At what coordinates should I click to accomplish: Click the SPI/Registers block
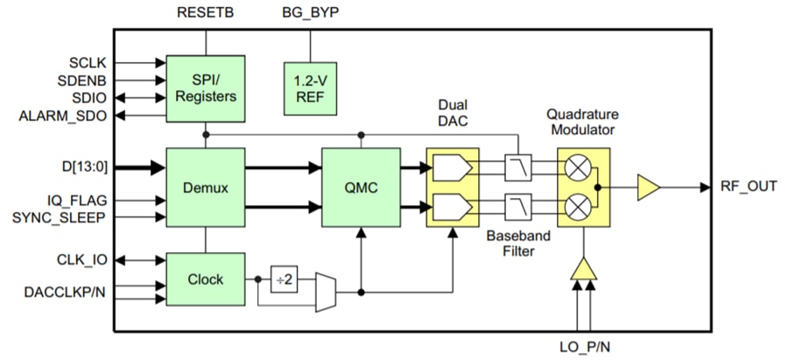(x=206, y=88)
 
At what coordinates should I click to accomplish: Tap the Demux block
(x=206, y=187)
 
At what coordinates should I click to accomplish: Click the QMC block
(x=362, y=187)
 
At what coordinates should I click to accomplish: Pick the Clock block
(x=206, y=280)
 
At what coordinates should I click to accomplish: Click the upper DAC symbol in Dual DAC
(x=452, y=166)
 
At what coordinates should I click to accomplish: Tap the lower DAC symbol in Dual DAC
(x=452, y=208)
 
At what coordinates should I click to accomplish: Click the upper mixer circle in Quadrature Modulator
(x=576, y=166)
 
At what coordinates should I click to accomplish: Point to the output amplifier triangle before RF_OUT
(x=649, y=187)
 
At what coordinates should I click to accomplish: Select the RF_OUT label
(x=748, y=187)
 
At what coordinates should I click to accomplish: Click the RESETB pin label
(x=207, y=12)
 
